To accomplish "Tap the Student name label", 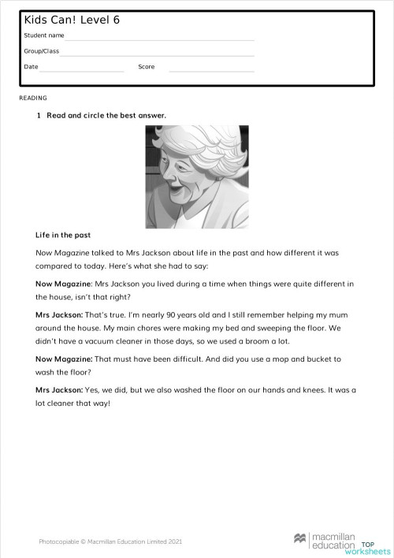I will (44, 35).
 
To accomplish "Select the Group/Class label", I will (41, 51).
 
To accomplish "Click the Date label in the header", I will (31, 67).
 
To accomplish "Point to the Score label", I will (146, 67).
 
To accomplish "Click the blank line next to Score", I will (211, 70).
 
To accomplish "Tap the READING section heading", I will (33, 99).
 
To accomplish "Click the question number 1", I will (38, 116).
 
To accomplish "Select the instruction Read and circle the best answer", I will (106, 116).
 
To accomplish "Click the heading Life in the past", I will (63, 235).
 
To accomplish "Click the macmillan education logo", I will (325, 540).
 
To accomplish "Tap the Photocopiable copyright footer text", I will (110, 541).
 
